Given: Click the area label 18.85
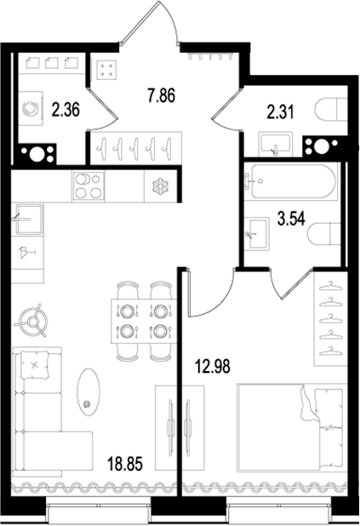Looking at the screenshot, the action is [125, 464].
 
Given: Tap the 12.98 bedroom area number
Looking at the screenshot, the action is [213, 366].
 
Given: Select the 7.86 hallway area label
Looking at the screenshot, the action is [162, 95].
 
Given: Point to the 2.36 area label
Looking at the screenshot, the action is [66, 110].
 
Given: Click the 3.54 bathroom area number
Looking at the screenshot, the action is [291, 219].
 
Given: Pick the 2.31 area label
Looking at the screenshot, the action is [280, 112].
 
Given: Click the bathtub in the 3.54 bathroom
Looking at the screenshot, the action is [290, 181].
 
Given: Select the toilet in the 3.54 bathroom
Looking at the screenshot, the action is [324, 233].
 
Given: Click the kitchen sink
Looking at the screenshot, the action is [28, 219].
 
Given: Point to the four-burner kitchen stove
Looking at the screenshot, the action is [89, 186].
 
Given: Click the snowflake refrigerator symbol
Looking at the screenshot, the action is [161, 187].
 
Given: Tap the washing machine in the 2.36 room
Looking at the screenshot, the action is [31, 108].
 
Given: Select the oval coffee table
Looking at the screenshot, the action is [89, 392].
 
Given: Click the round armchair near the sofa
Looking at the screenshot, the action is [33, 321].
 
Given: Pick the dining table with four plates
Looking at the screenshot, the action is [144, 321].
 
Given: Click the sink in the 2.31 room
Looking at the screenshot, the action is [276, 144].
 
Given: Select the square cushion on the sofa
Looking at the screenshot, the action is [33, 364].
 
